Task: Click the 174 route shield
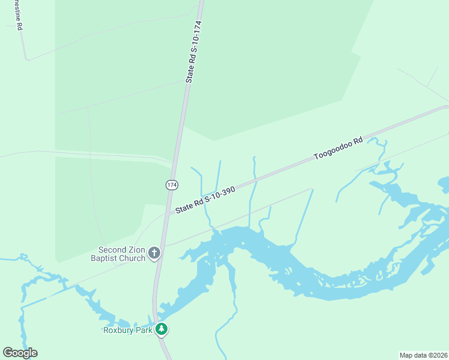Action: click(x=172, y=185)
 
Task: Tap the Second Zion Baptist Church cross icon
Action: click(x=154, y=253)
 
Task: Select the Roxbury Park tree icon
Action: click(x=161, y=329)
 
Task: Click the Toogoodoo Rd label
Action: click(x=339, y=149)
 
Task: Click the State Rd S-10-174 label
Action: click(x=194, y=52)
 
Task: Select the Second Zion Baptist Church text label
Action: click(x=122, y=254)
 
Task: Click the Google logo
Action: click(x=20, y=353)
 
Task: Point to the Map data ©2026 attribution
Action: click(x=423, y=355)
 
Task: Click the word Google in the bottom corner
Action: click(x=20, y=353)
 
